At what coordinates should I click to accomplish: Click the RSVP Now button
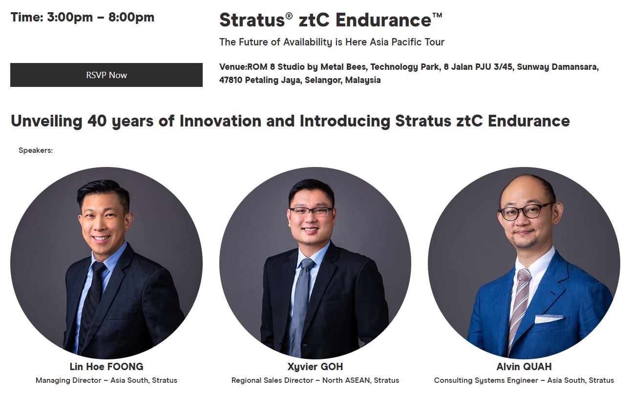click(106, 75)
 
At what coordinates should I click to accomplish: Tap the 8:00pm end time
click(131, 17)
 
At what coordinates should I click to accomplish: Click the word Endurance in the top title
click(383, 20)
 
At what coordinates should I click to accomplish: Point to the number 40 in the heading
click(97, 121)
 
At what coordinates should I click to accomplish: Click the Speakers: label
click(36, 150)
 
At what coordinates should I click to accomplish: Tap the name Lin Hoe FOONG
click(106, 367)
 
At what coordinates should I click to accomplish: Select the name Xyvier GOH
click(315, 367)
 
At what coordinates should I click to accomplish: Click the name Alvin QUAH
click(524, 367)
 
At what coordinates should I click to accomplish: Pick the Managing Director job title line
click(106, 380)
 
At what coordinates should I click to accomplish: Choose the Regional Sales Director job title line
click(315, 380)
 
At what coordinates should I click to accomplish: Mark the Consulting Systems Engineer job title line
click(524, 380)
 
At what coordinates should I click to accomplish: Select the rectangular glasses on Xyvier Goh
click(311, 212)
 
